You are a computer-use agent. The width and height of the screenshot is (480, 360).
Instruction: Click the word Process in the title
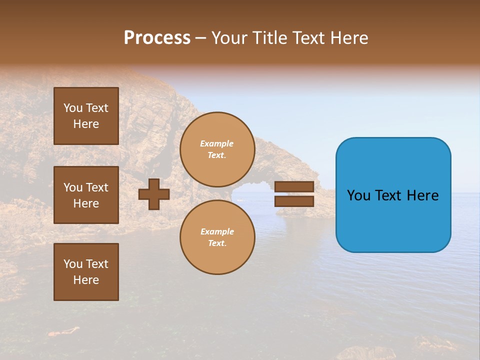pyautogui.click(x=157, y=38)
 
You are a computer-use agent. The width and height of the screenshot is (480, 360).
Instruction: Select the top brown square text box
pyautogui.click(x=86, y=116)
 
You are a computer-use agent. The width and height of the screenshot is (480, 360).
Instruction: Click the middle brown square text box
pyautogui.click(x=86, y=195)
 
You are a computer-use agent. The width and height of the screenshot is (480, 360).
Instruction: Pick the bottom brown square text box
pyautogui.click(x=86, y=272)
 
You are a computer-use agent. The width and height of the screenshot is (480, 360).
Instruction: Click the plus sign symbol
pyautogui.click(x=154, y=194)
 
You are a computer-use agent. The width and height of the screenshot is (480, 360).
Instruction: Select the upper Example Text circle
pyautogui.click(x=217, y=149)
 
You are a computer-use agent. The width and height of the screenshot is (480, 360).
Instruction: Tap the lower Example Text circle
pyautogui.click(x=217, y=237)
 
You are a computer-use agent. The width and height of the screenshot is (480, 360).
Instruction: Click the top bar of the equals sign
pyautogui.click(x=294, y=187)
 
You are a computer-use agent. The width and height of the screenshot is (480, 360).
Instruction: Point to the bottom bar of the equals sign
pyautogui.click(x=294, y=201)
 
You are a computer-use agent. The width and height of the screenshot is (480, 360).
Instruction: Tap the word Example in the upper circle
pyautogui.click(x=217, y=144)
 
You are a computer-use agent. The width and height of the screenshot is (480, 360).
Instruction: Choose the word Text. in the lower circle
pyautogui.click(x=217, y=243)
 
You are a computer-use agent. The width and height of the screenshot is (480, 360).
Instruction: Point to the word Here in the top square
pyautogui.click(x=86, y=124)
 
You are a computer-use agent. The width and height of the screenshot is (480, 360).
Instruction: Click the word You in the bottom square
pyautogui.click(x=72, y=264)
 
